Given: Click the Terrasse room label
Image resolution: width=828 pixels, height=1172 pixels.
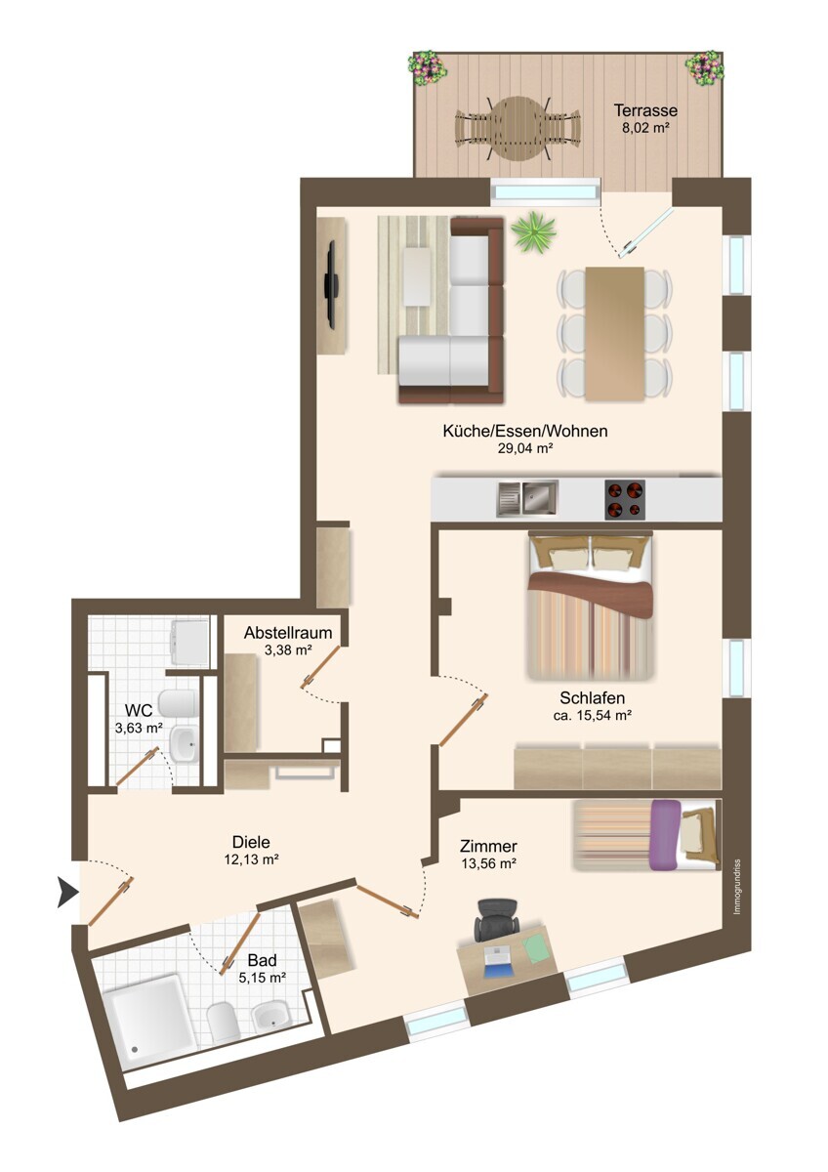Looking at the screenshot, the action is pyautogui.click(x=645, y=110).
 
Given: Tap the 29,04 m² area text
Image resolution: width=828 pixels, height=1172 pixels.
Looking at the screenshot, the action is pyautogui.click(x=525, y=448).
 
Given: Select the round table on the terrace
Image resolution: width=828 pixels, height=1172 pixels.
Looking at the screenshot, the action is pyautogui.click(x=517, y=130).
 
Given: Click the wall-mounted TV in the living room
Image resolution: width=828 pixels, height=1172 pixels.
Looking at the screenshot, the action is pyautogui.click(x=331, y=284).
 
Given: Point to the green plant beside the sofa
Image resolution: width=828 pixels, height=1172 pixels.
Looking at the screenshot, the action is pyautogui.click(x=533, y=232).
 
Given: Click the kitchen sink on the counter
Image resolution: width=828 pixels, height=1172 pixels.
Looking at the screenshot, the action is pyautogui.click(x=527, y=497).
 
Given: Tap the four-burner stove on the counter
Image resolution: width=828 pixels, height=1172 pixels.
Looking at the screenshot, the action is pyautogui.click(x=625, y=500).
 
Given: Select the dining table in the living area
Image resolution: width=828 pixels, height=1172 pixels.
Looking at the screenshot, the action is pyautogui.click(x=614, y=334).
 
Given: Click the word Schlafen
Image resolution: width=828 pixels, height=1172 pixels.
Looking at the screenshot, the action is pyautogui.click(x=592, y=698).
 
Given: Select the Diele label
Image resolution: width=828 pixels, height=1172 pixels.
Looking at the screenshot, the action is pyautogui.click(x=251, y=842).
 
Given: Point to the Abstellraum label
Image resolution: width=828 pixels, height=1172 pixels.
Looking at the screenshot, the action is pyautogui.click(x=288, y=633).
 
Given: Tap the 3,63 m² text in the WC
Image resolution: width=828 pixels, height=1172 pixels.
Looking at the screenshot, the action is pyautogui.click(x=139, y=728).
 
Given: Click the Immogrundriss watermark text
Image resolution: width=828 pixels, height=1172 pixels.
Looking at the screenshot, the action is pyautogui.click(x=737, y=887).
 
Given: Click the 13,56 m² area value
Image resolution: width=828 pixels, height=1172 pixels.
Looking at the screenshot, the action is pyautogui.click(x=488, y=863).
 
